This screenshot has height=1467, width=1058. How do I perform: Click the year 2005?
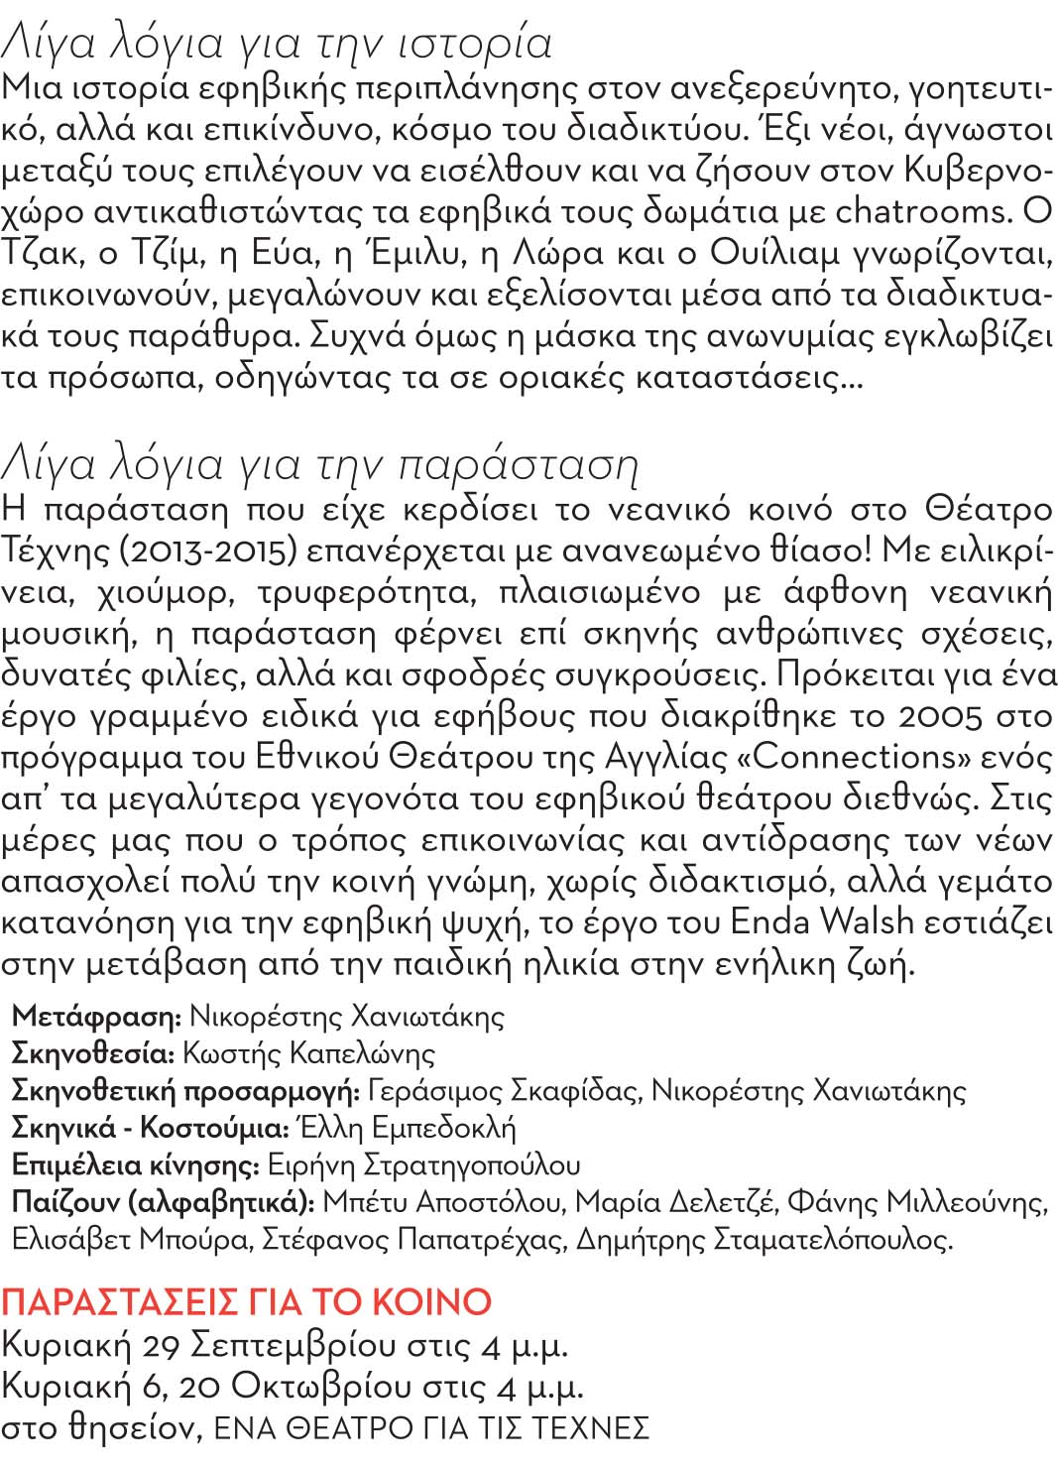click(x=940, y=715)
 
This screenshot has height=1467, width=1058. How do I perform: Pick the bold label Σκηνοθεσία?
click(x=93, y=1053)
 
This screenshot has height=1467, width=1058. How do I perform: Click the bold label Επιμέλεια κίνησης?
click(x=135, y=1164)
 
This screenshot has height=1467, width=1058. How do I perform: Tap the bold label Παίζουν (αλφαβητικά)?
click(x=163, y=1202)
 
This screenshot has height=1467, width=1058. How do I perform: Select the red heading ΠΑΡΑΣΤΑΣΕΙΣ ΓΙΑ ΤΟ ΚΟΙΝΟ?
click(x=247, y=1301)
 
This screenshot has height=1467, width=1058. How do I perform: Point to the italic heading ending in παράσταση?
click(x=319, y=464)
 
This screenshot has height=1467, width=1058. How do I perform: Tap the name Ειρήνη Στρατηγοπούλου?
click(x=423, y=1164)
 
